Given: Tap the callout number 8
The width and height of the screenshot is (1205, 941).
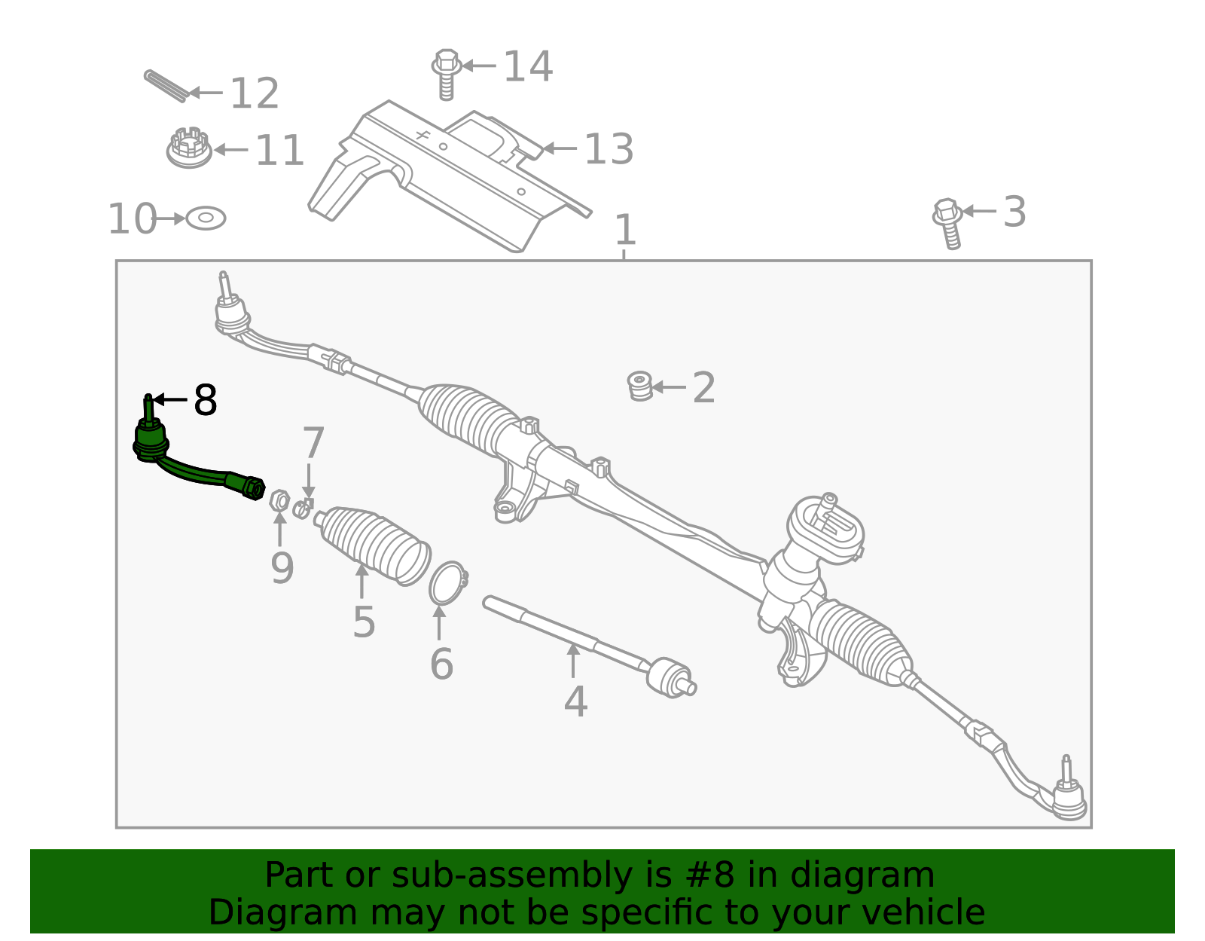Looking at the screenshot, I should coord(205,400).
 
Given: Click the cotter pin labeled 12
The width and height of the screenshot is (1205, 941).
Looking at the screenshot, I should coord(165,86).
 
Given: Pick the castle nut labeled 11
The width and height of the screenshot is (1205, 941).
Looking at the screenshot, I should coord(188,148).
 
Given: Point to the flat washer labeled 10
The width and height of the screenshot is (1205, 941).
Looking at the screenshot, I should coord(206,218).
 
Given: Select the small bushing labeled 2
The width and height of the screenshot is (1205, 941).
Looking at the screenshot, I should coord(639,386).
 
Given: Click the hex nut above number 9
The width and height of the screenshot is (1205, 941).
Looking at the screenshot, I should coord(279,500).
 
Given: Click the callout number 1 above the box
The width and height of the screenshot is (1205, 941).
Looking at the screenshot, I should coord(625,230).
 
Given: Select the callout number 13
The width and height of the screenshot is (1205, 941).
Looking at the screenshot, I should coord(609,149).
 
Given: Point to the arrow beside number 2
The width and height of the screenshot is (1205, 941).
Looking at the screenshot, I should coord(669,387).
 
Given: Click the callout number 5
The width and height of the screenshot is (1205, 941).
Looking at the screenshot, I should coord(364,622).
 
